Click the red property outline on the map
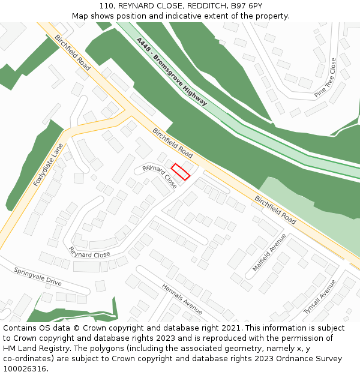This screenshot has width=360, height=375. click(181, 172)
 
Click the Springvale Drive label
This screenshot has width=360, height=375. click(38, 276)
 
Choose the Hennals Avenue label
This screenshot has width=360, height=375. click(182, 299)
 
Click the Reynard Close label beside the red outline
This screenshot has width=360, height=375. click(160, 176)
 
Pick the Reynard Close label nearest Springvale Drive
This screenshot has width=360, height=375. click(89, 252)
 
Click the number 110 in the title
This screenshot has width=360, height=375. click(106, 6)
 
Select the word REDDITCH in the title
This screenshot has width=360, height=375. click(207, 6)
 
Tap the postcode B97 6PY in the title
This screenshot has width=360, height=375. click(247, 6)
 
